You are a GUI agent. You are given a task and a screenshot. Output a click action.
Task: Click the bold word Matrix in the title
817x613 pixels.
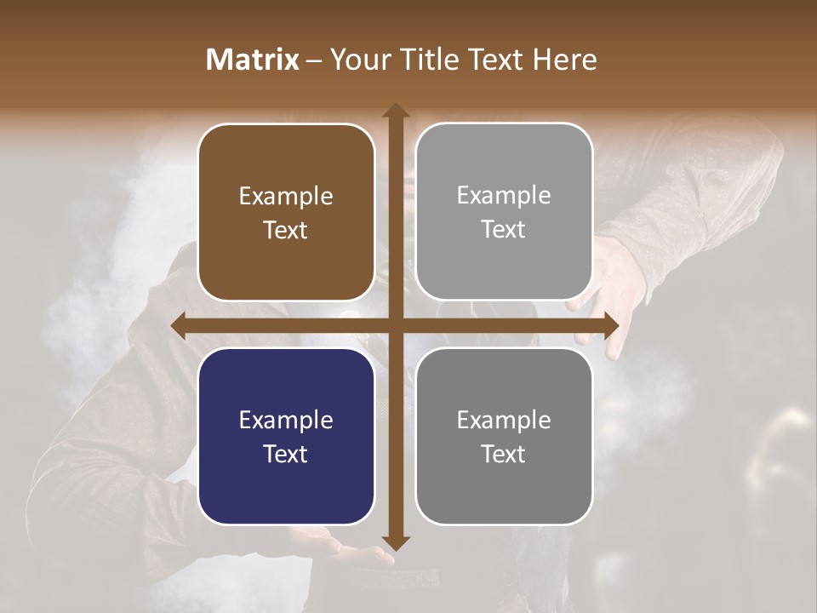coord(253,60)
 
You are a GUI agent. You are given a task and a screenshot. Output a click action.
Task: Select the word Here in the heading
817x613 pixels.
coord(564,60)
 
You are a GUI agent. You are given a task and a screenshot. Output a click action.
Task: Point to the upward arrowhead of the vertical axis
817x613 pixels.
coord(396,111)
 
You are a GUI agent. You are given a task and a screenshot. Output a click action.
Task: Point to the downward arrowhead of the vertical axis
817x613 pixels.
coord(396,542)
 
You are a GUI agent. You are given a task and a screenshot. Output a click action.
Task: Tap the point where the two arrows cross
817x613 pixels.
coord(396,325)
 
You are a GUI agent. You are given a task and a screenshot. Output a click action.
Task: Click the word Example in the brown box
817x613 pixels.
coord(286,197)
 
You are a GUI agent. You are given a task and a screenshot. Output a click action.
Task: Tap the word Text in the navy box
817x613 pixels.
coord(286,454)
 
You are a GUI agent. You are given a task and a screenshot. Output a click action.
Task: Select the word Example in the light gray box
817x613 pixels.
coord(504,196)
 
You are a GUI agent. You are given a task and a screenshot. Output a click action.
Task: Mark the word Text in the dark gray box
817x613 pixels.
coord(504,454)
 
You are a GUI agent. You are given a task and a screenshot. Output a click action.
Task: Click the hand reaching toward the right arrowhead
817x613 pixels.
coord(617,289)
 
